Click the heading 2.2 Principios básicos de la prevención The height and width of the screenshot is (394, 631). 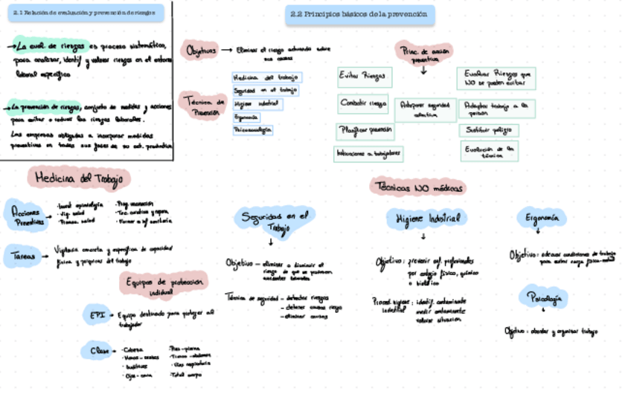click(x=360, y=14)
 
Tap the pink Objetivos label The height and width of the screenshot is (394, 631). click(x=202, y=51)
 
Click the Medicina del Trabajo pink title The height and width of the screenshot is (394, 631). click(x=79, y=178)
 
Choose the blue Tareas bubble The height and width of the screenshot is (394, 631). click(x=23, y=255)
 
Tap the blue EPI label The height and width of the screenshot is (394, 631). click(x=97, y=315)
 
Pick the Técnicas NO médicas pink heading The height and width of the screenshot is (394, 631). click(x=419, y=187)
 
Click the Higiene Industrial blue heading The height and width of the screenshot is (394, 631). click(x=423, y=219)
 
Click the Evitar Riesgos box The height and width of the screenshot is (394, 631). click(x=362, y=76)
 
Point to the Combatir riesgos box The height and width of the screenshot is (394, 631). click(x=363, y=103)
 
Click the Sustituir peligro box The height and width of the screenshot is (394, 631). click(x=489, y=130)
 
